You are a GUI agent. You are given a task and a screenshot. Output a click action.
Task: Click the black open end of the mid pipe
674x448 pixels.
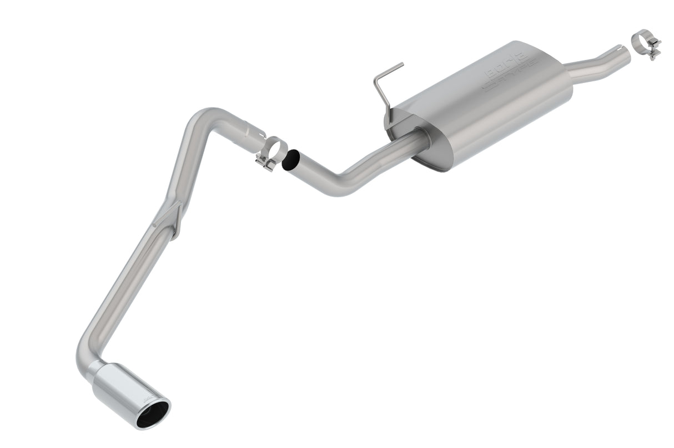pyautogui.click(x=290, y=160)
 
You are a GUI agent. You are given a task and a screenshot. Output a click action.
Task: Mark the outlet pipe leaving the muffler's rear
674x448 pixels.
pyautogui.click(x=589, y=69)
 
